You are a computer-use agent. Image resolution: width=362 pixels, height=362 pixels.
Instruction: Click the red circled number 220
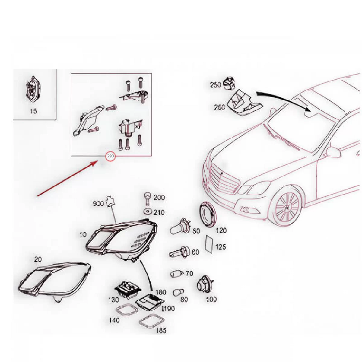110,156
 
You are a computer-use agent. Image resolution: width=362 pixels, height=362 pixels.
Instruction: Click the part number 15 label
33,111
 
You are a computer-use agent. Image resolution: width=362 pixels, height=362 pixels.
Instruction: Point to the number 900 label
98,204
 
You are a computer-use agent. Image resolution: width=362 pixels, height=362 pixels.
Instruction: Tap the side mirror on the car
334,152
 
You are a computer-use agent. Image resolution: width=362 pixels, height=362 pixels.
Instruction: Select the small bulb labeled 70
176,274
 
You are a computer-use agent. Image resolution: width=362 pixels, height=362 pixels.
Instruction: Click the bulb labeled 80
178,293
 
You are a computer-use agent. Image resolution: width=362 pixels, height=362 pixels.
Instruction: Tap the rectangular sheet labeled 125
209,244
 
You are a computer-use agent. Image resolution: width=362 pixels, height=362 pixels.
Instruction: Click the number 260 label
220,107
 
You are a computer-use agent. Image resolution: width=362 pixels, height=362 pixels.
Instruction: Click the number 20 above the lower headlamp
38,259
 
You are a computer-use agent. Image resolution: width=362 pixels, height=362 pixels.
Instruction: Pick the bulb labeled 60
179,252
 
